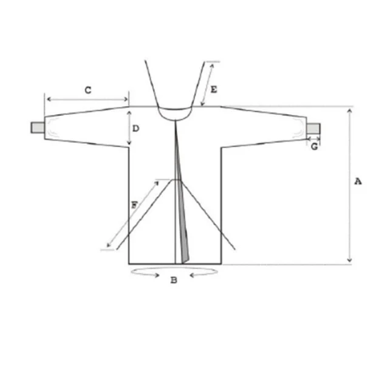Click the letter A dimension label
(358, 181)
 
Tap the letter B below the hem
(174, 280)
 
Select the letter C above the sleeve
(88, 90)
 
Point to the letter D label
(136, 128)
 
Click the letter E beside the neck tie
(214, 89)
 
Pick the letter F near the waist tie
(134, 205)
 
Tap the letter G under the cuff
(314, 146)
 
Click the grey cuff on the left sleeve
(38, 128)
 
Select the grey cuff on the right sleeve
(313, 128)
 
